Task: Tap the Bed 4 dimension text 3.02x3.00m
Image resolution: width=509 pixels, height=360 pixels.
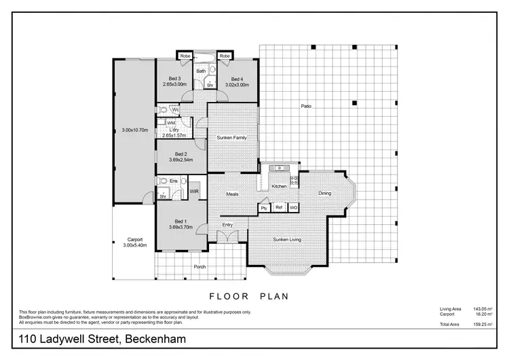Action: coord(237,86)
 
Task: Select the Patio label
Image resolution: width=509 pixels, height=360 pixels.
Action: coord(307,106)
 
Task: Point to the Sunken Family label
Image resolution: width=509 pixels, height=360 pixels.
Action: coord(231,138)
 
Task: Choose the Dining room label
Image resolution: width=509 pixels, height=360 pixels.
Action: coord(325,194)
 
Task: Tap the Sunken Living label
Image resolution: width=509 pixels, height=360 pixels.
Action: coord(287,240)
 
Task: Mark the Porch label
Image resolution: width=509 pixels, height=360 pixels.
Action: coord(200,267)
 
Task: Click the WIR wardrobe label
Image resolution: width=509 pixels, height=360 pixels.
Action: coord(194,192)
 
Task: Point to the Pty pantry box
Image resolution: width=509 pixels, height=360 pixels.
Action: coord(264,207)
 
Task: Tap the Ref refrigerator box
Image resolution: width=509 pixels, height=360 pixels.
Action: coord(279,207)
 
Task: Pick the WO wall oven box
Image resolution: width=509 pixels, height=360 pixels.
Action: coord(293,207)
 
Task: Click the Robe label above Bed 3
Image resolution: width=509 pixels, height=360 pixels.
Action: coord(185,56)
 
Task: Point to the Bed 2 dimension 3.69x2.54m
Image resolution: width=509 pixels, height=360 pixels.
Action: coord(181,160)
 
